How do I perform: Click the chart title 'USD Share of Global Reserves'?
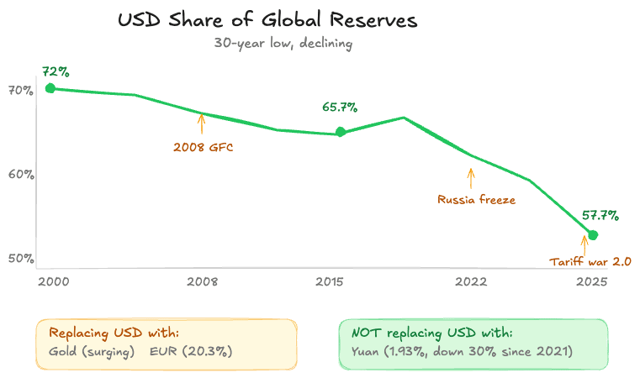click(x=267, y=21)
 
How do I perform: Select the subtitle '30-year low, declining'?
click(x=283, y=44)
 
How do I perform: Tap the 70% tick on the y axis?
click(x=20, y=90)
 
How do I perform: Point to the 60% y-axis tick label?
click(x=20, y=175)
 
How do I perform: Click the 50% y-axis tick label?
click(x=20, y=258)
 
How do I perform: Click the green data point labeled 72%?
click(x=50, y=88)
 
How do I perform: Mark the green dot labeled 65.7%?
click(x=341, y=132)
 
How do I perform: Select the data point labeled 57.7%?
click(x=593, y=234)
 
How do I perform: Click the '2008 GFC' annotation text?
click(x=203, y=148)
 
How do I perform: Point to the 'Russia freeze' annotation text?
click(x=476, y=200)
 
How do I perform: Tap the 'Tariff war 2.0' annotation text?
click(x=590, y=262)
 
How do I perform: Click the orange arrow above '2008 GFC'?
click(x=201, y=124)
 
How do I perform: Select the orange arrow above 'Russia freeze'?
click(x=471, y=178)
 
